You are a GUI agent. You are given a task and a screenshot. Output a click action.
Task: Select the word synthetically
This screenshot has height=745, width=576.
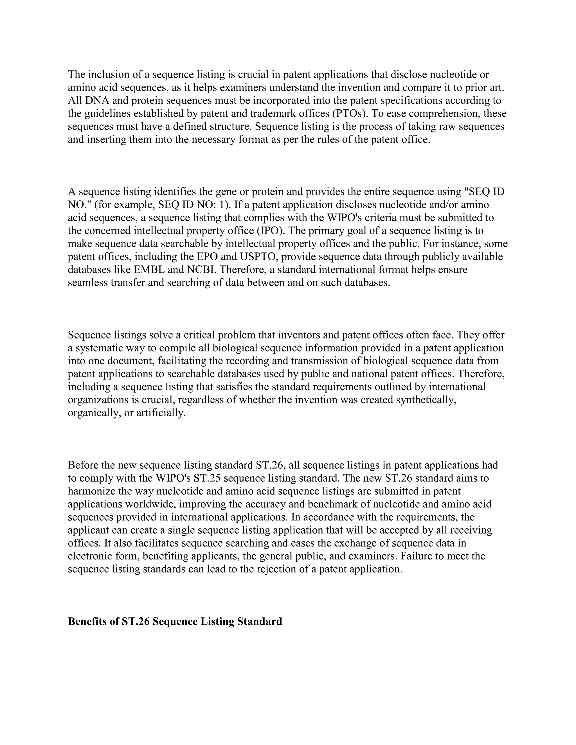coord(426,400)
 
